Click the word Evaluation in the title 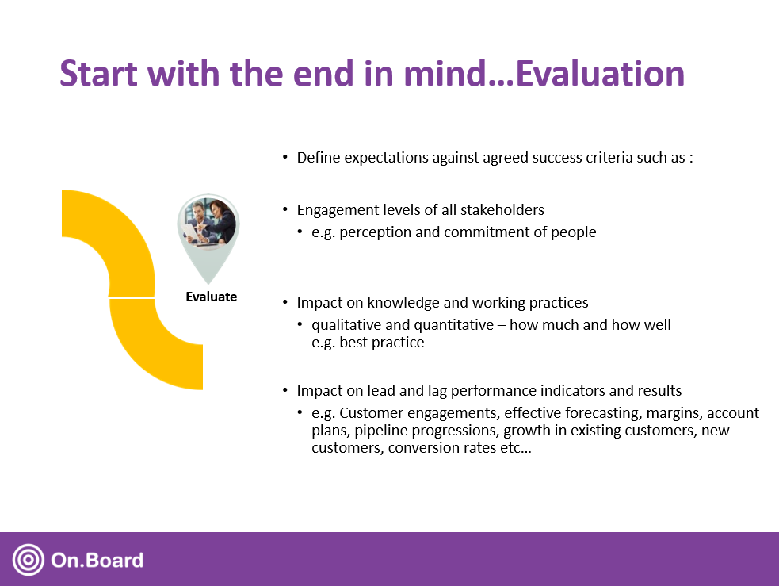pyautogui.click(x=600, y=74)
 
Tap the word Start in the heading pyautogui.click(x=98, y=74)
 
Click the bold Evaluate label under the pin pyautogui.click(x=211, y=297)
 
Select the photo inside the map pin pyautogui.click(x=208, y=222)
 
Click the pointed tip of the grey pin pyautogui.click(x=208, y=284)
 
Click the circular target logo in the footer pyautogui.click(x=29, y=560)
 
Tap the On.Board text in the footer pyautogui.click(x=97, y=560)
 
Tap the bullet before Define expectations pyautogui.click(x=285, y=158)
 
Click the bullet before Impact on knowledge pyautogui.click(x=285, y=303)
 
